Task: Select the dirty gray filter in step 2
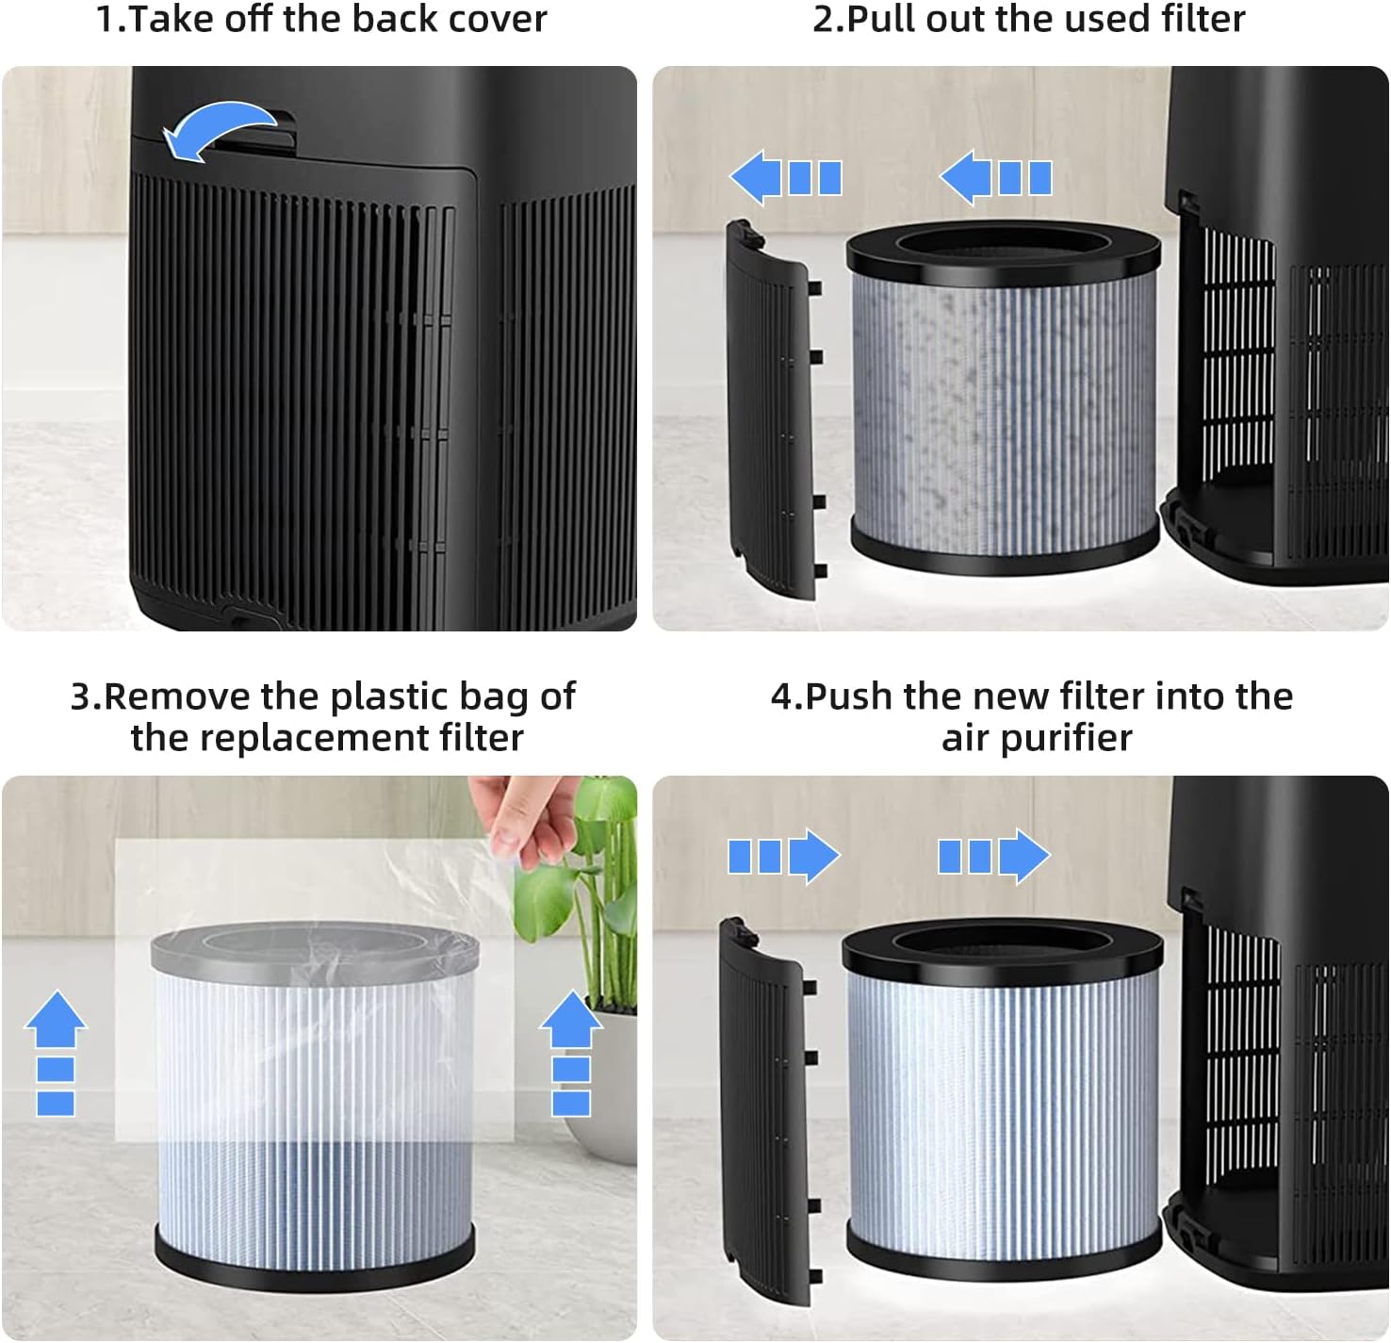pos(1004,405)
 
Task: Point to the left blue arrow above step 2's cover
pos(785,178)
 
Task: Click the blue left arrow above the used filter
pos(995,178)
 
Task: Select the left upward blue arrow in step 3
pos(56,1051)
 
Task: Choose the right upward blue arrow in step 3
pos(571,1051)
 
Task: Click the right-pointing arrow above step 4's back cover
pos(783,856)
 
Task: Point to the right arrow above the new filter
pos(993,856)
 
